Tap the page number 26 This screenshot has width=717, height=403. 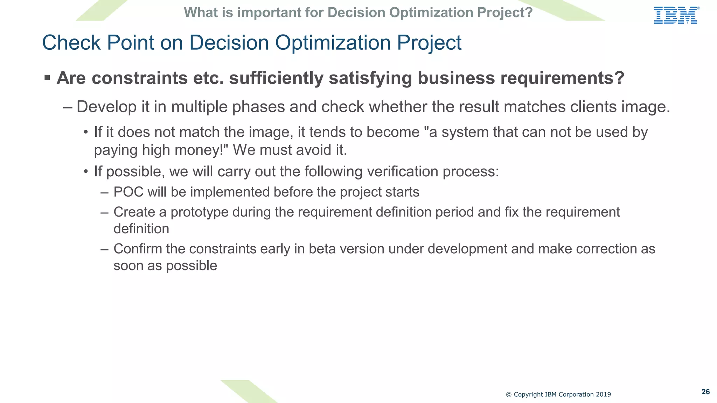pyautogui.click(x=705, y=392)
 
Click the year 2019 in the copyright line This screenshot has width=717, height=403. pyautogui.click(x=603, y=395)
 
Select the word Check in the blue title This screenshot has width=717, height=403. pyautogui.click(x=71, y=43)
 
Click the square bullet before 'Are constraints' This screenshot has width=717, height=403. pyautogui.click(x=47, y=77)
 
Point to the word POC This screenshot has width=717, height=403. pyautogui.click(x=128, y=192)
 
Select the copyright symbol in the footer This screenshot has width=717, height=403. pyautogui.click(x=509, y=395)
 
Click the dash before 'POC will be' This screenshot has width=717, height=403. pyautogui.click(x=104, y=192)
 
